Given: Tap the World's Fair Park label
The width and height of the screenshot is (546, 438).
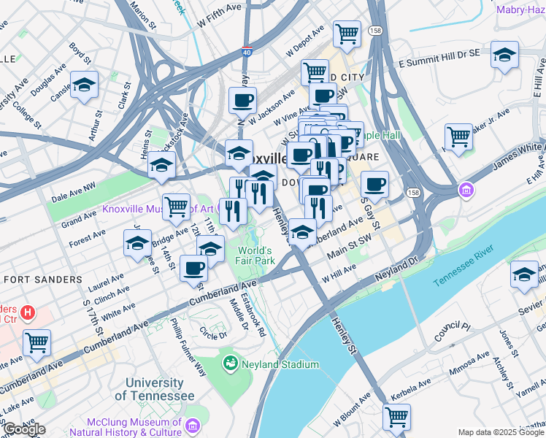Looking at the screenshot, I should [x=255, y=255].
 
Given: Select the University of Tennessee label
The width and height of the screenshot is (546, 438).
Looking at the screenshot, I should [x=154, y=389].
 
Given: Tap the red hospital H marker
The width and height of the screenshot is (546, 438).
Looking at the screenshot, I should [x=28, y=313].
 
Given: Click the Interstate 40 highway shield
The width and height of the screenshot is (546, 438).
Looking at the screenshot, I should [x=248, y=53].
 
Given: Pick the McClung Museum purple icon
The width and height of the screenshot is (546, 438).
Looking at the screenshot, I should [x=193, y=426].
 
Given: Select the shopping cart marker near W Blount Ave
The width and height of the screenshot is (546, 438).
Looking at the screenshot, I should [x=396, y=417].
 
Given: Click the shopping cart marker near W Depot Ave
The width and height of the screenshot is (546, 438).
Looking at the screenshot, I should [x=347, y=33].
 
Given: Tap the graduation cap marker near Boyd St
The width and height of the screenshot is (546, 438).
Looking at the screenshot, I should [x=84, y=85].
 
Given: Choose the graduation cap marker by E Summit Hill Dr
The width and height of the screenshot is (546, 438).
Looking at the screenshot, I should [x=504, y=55].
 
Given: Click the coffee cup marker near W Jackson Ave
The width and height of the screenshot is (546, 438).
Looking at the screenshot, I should [x=242, y=100].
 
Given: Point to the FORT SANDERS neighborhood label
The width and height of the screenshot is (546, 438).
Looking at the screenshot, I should [x=42, y=280].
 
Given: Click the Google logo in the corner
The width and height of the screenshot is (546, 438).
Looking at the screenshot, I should [x=24, y=429].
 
